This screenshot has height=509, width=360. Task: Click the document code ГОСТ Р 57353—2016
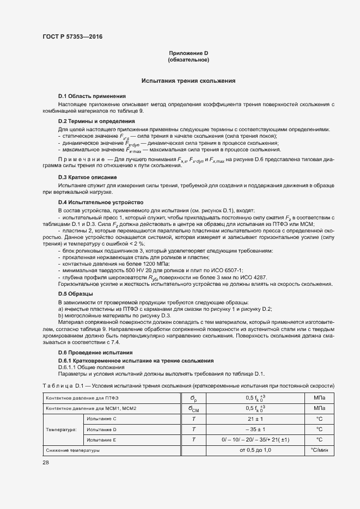pyautogui.click(x=72, y=36)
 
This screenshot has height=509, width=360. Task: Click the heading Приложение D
pyautogui.click(x=188, y=53)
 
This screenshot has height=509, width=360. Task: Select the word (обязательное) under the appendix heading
pyautogui.click(x=188, y=59)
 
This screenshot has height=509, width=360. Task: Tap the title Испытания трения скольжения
pyautogui.click(x=188, y=81)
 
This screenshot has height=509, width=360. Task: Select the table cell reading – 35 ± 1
pyautogui.click(x=255, y=429)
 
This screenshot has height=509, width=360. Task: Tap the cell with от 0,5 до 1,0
pyautogui.click(x=255, y=450)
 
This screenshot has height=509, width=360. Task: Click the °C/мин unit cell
pyautogui.click(x=319, y=450)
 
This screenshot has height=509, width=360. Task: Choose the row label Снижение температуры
pyautogui.click(x=74, y=451)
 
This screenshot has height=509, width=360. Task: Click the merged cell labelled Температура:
pyautogui.click(x=62, y=429)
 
